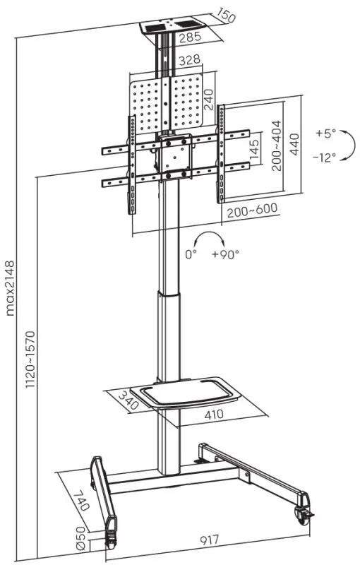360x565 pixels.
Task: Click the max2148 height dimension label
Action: pyautogui.click(x=10, y=288)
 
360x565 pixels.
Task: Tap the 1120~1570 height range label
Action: pyautogui.click(x=31, y=359)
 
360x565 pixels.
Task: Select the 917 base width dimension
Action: pyautogui.click(x=209, y=540)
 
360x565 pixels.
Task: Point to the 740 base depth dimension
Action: pyautogui.click(x=81, y=499)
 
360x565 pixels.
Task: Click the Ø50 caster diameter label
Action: pyautogui.click(x=80, y=537)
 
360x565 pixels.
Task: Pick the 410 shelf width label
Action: pyautogui.click(x=214, y=415)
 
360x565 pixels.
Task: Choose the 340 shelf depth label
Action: pyautogui.click(x=128, y=400)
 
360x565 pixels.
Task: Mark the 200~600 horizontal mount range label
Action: pyautogui.click(x=253, y=210)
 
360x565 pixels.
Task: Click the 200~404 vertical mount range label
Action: pyautogui.click(x=277, y=145)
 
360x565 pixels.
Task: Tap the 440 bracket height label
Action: pyautogui.click(x=294, y=144)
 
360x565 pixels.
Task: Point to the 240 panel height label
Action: pyautogui.click(x=208, y=100)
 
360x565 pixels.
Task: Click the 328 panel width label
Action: pyautogui.click(x=189, y=60)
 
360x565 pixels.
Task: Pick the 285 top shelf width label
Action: pyautogui.click(x=190, y=37)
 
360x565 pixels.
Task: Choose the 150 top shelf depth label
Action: pyautogui.click(x=226, y=16)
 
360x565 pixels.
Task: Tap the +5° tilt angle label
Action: pyautogui.click(x=326, y=133)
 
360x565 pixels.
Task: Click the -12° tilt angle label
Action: pyautogui.click(x=325, y=157)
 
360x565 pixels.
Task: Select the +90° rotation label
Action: pyautogui.click(x=225, y=254)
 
